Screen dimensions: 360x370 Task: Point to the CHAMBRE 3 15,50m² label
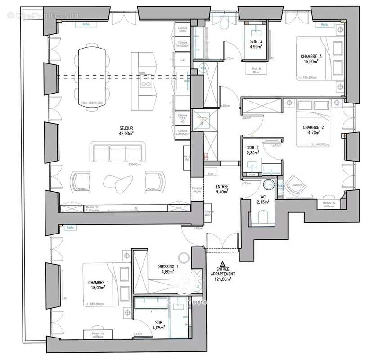pos(311,59)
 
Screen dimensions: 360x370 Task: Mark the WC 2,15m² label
pos(263,199)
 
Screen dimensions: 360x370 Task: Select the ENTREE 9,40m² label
pos(221,189)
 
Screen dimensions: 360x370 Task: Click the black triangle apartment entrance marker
pos(221,264)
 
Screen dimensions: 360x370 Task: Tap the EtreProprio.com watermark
pos(43,15)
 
